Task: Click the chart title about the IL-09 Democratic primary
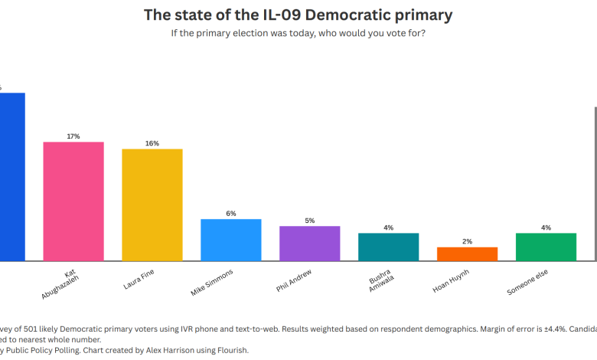point(298,15)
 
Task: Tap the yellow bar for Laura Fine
point(152,205)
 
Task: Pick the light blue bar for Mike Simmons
point(231,240)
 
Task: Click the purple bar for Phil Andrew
point(310,244)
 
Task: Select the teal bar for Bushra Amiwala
point(389,247)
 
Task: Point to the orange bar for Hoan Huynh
point(468,254)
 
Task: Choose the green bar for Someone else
point(546,247)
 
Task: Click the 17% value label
point(73,136)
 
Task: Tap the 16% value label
point(152,143)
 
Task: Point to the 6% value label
point(231,213)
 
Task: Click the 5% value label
point(310,221)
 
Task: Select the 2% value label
point(468,241)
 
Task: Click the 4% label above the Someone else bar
point(546,227)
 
